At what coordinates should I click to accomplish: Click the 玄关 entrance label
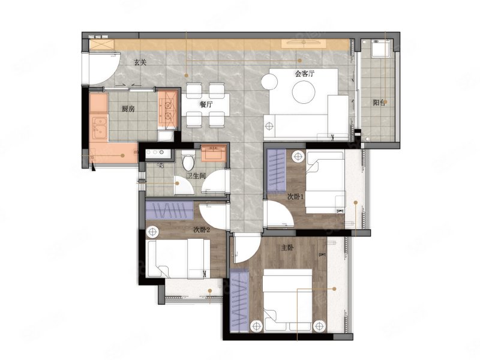(x=140, y=62)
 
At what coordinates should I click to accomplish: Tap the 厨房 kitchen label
(x=128, y=109)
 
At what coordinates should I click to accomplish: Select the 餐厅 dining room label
(x=206, y=104)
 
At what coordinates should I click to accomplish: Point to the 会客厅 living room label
(x=305, y=74)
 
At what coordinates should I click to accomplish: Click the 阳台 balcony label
(x=379, y=103)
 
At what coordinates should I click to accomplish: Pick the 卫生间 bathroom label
(x=196, y=176)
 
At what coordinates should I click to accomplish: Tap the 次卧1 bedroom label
(x=295, y=197)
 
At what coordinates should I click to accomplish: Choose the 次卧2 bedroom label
(x=202, y=230)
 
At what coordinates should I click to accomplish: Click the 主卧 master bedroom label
(x=287, y=248)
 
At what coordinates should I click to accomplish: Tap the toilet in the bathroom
(x=188, y=160)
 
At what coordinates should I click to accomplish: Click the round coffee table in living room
(x=304, y=92)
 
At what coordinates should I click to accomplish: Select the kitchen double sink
(x=99, y=128)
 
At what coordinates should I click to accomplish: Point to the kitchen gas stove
(x=168, y=109)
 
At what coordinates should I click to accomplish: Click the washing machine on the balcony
(x=380, y=49)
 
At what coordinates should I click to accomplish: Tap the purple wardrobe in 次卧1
(x=277, y=170)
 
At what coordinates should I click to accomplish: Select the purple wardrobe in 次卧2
(x=169, y=211)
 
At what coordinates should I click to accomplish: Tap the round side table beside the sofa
(x=269, y=82)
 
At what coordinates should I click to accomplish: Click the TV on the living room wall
(x=304, y=44)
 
